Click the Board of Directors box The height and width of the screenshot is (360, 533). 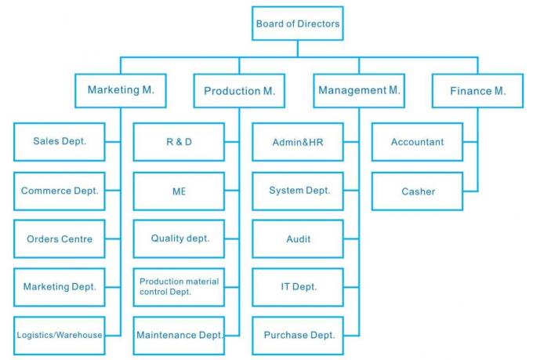(x=298, y=24)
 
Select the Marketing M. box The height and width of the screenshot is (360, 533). (x=121, y=90)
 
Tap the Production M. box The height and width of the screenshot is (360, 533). (x=239, y=91)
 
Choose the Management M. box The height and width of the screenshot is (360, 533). (x=359, y=90)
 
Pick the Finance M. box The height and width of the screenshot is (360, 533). (x=477, y=91)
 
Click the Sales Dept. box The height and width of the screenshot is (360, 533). (x=60, y=142)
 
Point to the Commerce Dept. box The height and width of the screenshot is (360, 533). (x=60, y=191)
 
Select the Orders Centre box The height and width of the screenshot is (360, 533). (x=60, y=238)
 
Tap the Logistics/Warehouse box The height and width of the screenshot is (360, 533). (x=60, y=335)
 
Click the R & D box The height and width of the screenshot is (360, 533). (x=179, y=142)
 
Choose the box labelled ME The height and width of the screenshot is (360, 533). (x=179, y=191)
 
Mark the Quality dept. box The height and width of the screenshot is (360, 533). (x=179, y=238)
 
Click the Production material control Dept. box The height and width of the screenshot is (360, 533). (x=179, y=286)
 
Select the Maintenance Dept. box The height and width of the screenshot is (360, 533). (x=179, y=335)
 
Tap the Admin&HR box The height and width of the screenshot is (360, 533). (x=299, y=142)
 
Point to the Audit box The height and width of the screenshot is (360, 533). (x=299, y=238)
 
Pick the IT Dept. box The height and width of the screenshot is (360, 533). (x=299, y=286)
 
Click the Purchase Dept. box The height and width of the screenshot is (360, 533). (x=299, y=335)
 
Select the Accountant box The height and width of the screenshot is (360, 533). (x=417, y=142)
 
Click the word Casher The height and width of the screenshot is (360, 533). (x=418, y=191)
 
